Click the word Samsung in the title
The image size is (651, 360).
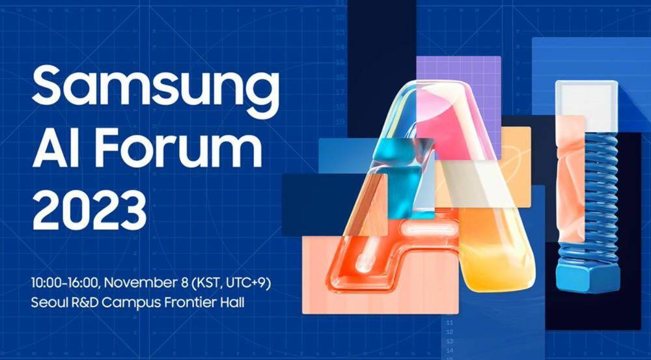tap(156, 88)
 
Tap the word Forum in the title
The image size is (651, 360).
tap(180, 148)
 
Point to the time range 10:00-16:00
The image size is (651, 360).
tap(64, 283)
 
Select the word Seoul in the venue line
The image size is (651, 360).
tap(46, 302)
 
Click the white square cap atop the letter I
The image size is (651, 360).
tap(587, 100)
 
